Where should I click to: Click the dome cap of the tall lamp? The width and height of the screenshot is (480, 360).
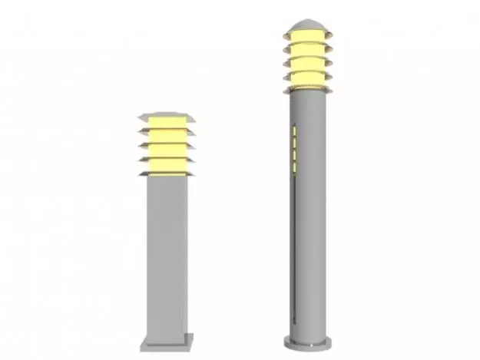tap(308, 27)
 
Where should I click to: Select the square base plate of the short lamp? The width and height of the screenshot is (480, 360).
tap(167, 339)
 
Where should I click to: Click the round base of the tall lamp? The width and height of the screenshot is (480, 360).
tap(307, 342)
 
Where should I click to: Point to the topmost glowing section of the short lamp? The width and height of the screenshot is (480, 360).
tap(167, 123)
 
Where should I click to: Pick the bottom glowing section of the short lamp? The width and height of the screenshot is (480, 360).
tap(167, 165)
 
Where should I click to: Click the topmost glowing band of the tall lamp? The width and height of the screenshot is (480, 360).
tap(307, 38)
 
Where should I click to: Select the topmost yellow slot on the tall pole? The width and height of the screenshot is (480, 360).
tap(293, 133)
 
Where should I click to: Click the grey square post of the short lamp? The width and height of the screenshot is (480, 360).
tap(167, 253)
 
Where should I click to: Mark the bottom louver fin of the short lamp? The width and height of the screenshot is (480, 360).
tap(167, 174)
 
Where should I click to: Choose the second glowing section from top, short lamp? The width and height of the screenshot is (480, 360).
tap(167, 137)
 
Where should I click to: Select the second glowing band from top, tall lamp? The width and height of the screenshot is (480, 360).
tap(307, 51)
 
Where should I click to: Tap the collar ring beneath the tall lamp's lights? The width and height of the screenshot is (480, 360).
tap(307, 90)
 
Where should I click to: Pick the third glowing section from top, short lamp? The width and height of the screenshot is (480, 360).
tap(167, 150)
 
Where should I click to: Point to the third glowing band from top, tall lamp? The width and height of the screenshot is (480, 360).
tap(307, 64)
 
